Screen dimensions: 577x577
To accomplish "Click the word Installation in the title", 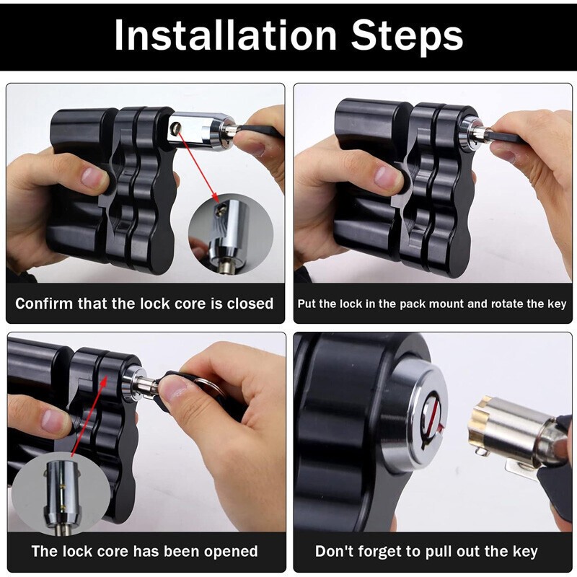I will (x=224, y=35).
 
